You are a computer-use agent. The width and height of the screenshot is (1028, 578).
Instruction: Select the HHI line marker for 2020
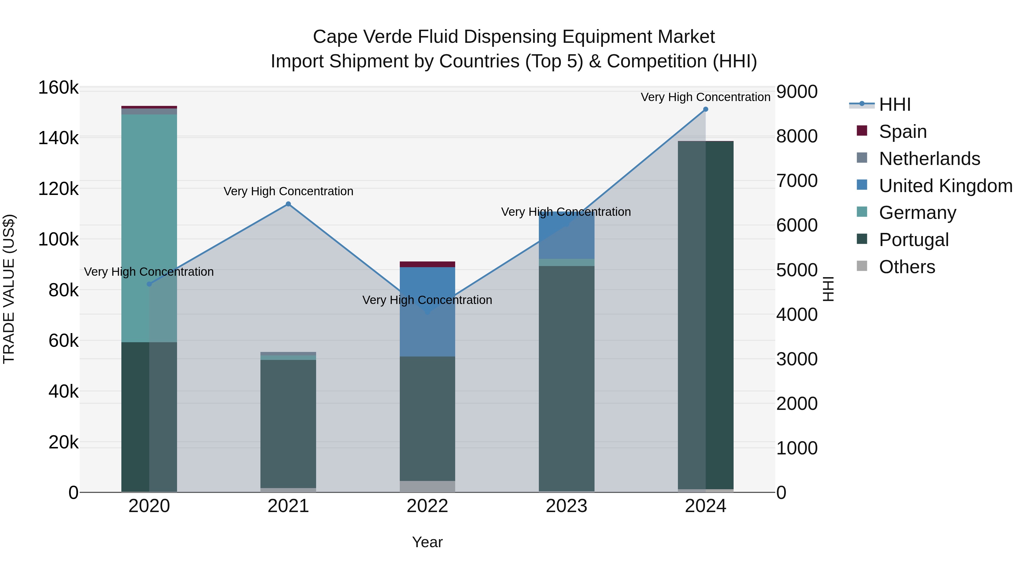(x=149, y=284)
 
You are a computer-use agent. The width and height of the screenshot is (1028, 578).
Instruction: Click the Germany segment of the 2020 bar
(x=149, y=227)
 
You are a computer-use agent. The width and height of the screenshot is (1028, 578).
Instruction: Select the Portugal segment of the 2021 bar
(x=288, y=423)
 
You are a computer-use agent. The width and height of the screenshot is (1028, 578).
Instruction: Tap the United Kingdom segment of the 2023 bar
(x=566, y=235)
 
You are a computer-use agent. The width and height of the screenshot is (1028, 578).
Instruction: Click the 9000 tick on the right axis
(x=796, y=91)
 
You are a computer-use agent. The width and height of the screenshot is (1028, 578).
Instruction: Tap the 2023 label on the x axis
(x=566, y=506)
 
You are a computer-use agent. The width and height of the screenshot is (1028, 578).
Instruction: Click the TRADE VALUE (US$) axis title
(x=9, y=289)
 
